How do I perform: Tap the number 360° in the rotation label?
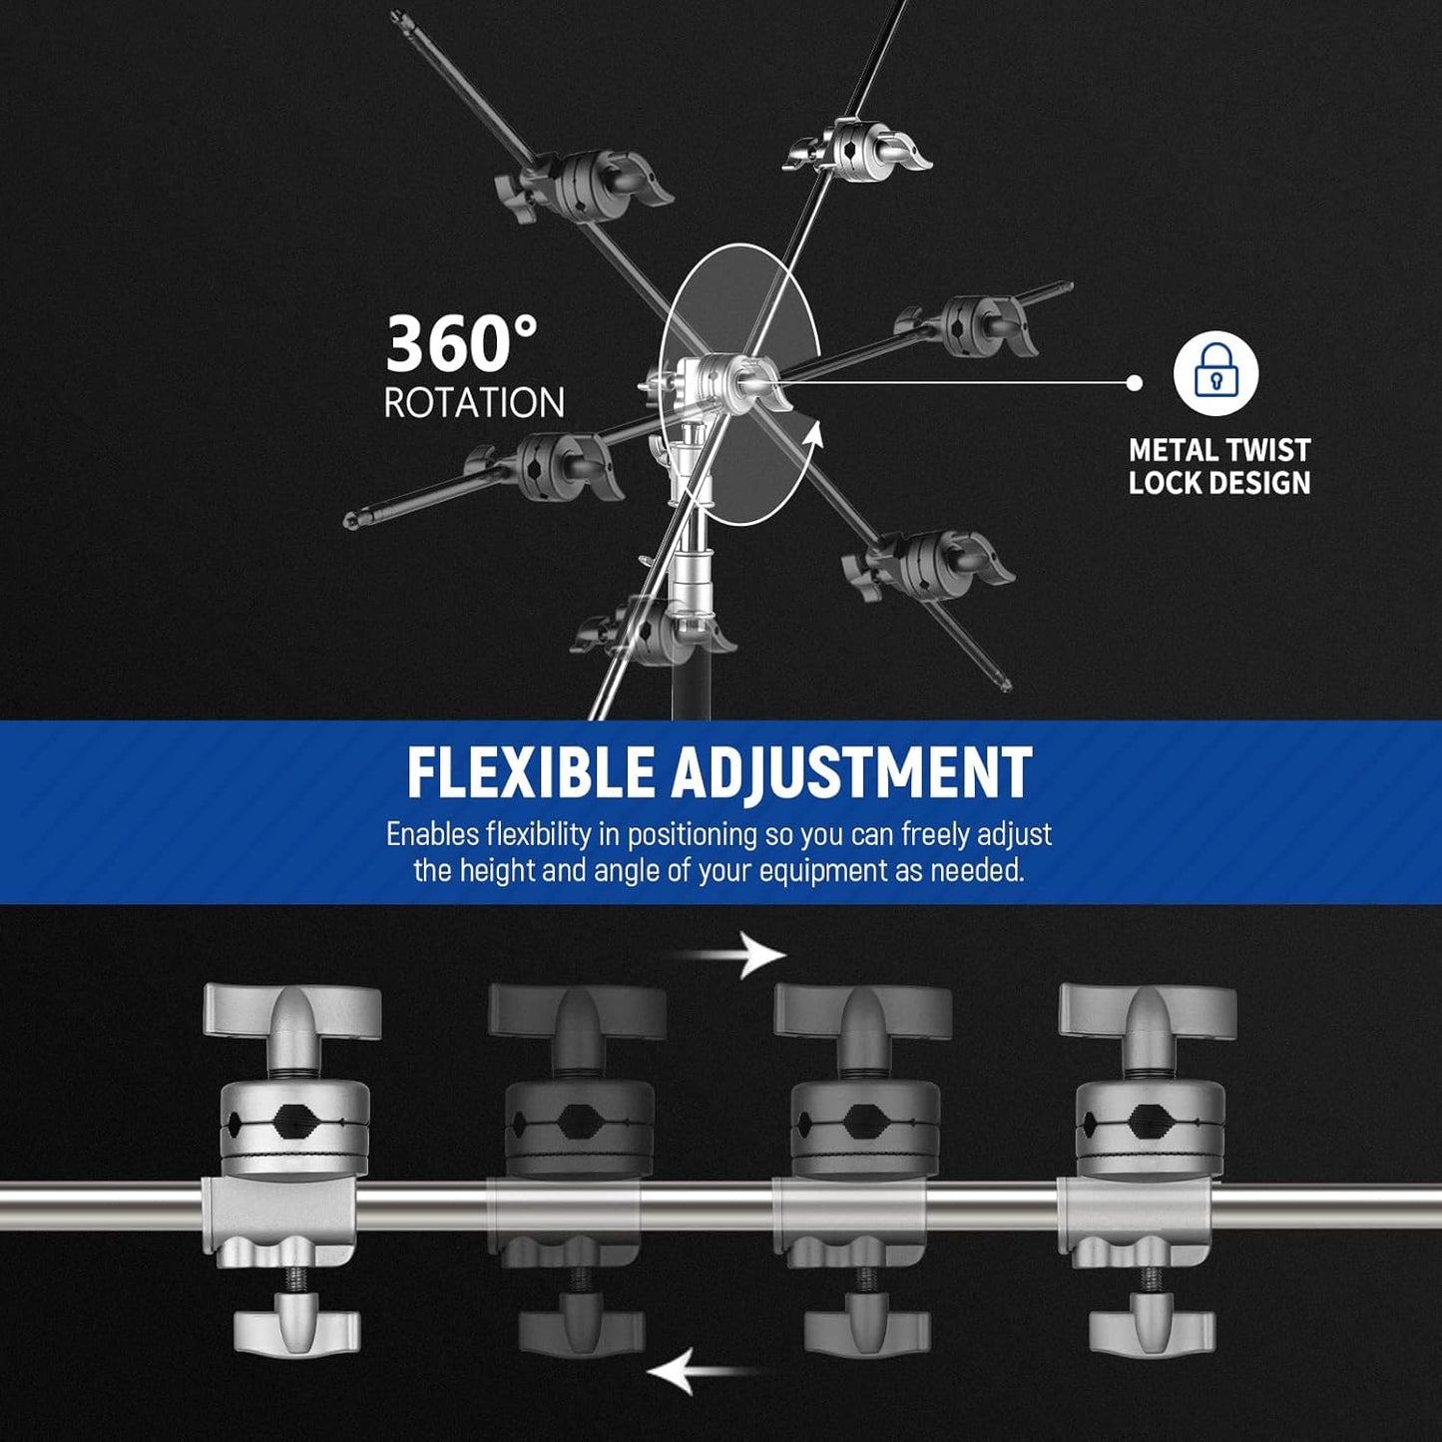pyautogui.click(x=461, y=344)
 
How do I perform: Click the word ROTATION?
pyautogui.click(x=474, y=403)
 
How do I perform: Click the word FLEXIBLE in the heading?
pyautogui.click(x=530, y=773)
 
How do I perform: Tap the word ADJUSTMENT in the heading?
pyautogui.click(x=851, y=773)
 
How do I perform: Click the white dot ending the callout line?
pyautogui.click(x=1134, y=382)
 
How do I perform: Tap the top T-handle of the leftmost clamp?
pyautogui.click(x=292, y=1010)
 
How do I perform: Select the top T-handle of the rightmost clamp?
pyautogui.click(x=1148, y=1010)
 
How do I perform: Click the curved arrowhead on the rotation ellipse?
pyautogui.click(x=814, y=437)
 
